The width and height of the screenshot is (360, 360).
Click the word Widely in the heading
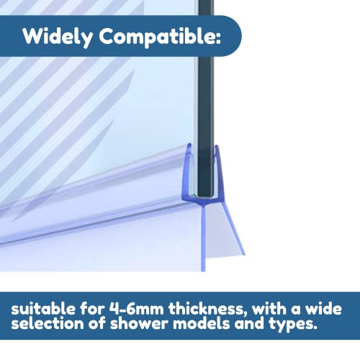58,37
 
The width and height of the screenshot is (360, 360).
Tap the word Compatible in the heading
156,37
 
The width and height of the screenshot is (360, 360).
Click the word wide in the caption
323,309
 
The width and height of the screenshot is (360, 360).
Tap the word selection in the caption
48,323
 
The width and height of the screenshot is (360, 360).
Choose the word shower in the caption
140,323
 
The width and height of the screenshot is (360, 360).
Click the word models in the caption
202,323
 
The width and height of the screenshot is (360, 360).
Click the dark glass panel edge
206,99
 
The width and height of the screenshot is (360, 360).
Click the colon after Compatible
217,37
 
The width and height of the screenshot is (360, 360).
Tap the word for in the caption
92,309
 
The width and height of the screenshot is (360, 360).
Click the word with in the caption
269,309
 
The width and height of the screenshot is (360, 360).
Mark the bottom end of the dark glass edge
206,197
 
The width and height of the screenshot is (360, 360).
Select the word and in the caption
250,323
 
